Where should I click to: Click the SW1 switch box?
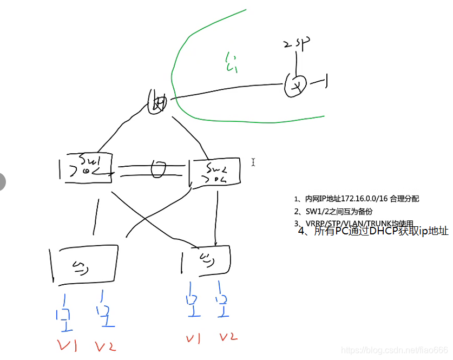(86, 167)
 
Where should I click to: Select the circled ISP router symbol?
(296, 85)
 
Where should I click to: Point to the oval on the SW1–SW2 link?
(157, 170)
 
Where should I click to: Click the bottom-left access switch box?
(84, 265)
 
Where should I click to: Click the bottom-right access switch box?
(206, 260)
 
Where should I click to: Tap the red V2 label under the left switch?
(105, 346)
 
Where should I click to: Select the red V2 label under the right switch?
(228, 337)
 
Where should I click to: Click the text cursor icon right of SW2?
(252, 161)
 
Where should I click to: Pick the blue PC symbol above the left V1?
(64, 315)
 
